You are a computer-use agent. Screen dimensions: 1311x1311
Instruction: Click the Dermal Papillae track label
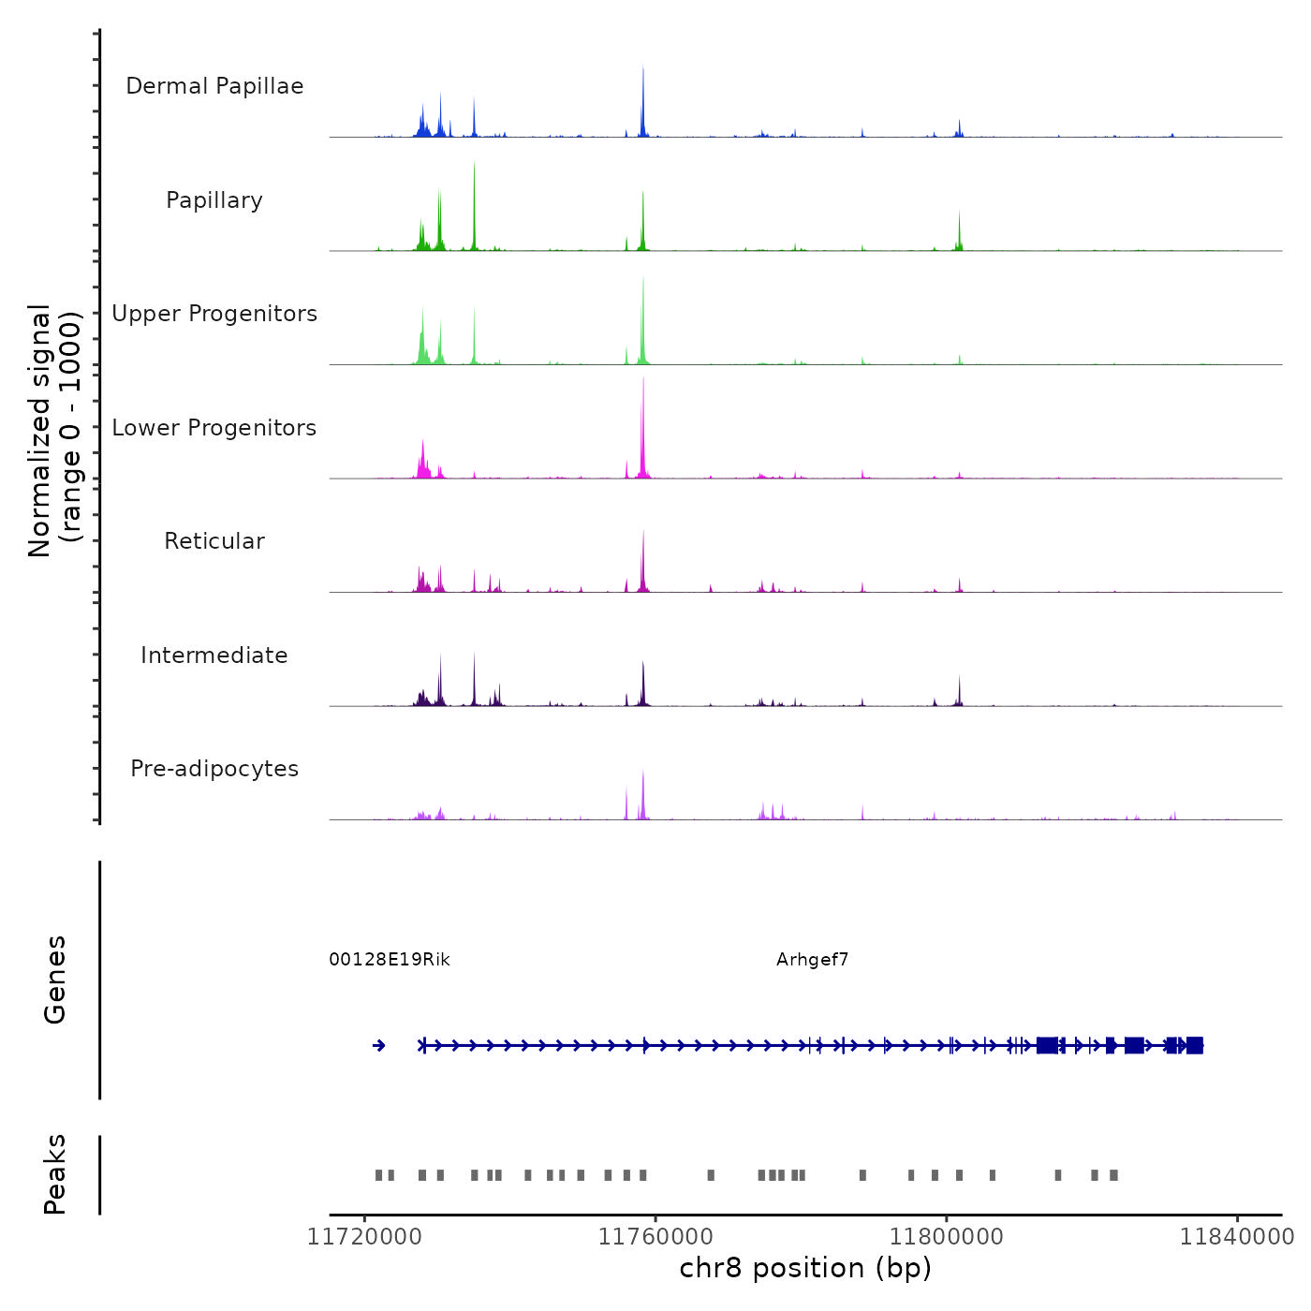pos(214,86)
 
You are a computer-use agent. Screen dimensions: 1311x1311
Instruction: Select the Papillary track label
pos(214,200)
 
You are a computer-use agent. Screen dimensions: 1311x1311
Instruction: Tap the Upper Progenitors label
pos(214,314)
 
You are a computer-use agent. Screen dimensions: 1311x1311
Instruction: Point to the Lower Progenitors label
pos(214,428)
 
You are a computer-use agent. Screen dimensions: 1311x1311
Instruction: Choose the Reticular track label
pos(214,541)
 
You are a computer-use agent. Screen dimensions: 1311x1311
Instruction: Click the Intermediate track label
pos(214,655)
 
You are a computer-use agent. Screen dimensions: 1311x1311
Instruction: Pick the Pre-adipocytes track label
pos(214,769)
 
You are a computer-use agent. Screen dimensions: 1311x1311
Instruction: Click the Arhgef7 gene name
pos(812,960)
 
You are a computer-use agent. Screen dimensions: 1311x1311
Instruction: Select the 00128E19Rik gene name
pos(390,960)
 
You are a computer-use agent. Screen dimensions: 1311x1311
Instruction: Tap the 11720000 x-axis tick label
pos(364,1237)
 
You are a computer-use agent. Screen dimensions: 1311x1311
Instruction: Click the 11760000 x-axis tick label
pos(655,1237)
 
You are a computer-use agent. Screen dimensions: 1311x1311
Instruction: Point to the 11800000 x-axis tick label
pos(946,1237)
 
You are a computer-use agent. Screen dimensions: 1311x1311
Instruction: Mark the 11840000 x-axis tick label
pos(1236,1237)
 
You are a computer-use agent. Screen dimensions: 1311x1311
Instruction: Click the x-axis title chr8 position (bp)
pos(805,1269)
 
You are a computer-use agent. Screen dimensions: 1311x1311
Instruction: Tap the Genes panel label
pos(55,980)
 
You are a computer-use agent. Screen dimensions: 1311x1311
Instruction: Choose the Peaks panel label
pos(55,1174)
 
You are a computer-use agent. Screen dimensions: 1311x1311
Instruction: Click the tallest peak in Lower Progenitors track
pos(643,384)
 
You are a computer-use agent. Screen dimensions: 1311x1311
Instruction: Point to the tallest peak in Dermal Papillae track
pos(643,71)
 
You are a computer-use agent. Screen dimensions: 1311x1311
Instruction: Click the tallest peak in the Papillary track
pos(475,169)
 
